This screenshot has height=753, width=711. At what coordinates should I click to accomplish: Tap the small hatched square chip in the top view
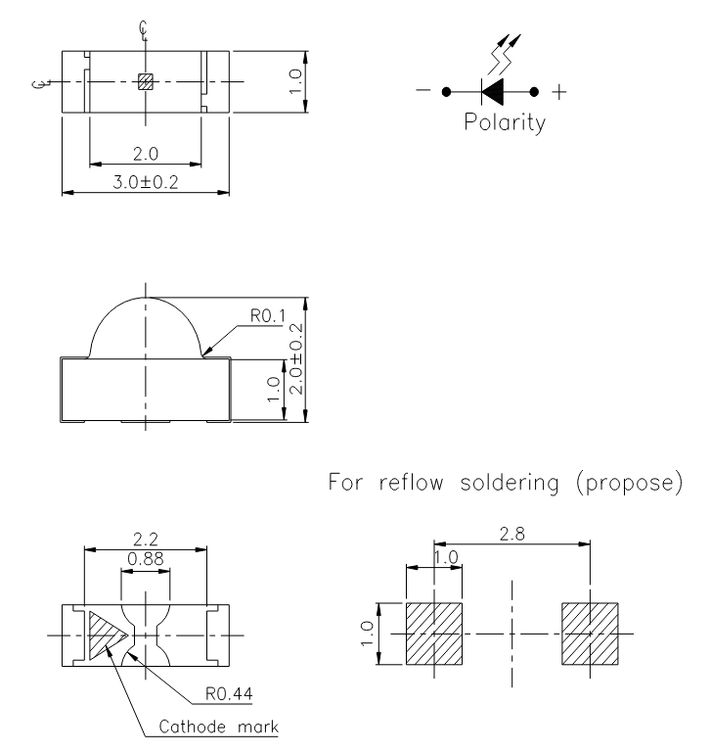(x=145, y=82)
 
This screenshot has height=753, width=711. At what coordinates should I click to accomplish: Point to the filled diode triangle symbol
(x=496, y=93)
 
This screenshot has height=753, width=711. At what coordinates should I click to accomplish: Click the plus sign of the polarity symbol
(x=559, y=92)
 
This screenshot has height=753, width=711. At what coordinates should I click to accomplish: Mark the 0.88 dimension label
(x=145, y=558)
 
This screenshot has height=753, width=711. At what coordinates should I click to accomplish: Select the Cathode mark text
(x=221, y=727)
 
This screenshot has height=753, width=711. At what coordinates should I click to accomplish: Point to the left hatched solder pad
(x=433, y=633)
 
